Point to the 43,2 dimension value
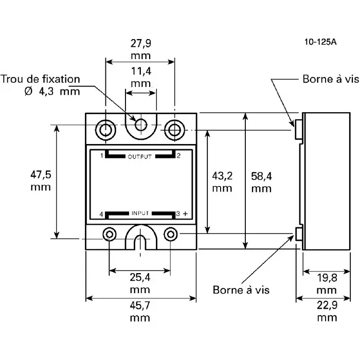(222, 176)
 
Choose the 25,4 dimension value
(140, 278)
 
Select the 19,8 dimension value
(327, 278)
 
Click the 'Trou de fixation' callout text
(41, 79)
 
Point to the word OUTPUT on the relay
(140, 157)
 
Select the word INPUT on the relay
(140, 213)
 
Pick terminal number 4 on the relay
(101, 213)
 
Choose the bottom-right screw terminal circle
(170, 235)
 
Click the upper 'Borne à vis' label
(328, 80)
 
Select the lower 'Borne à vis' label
(241, 290)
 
